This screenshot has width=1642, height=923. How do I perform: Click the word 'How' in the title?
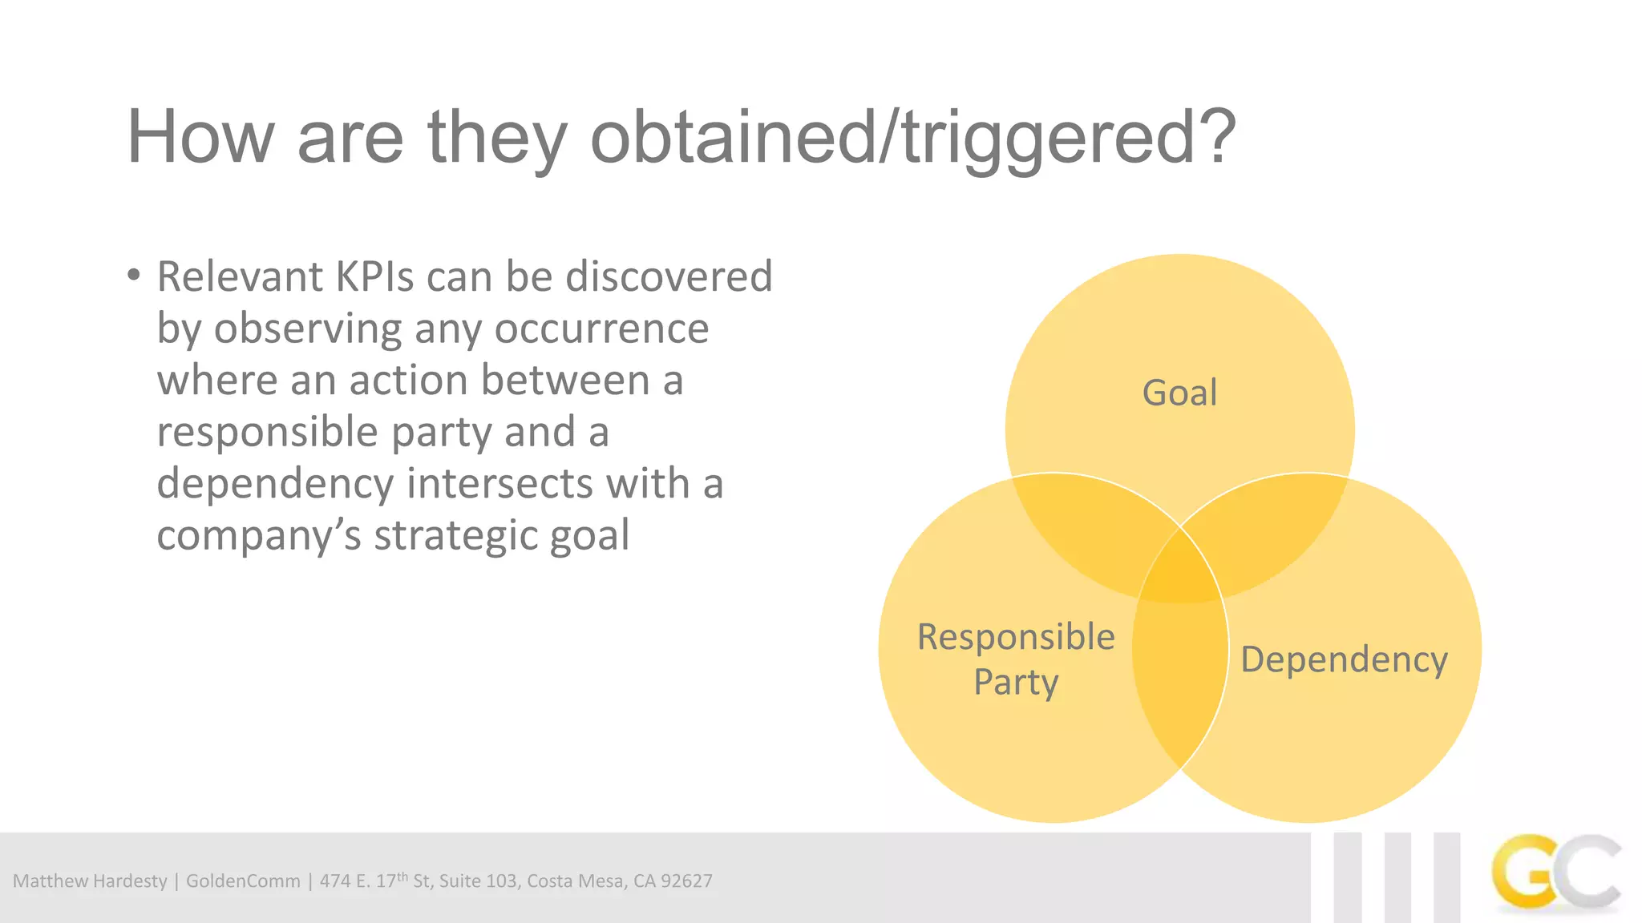[x=200, y=138]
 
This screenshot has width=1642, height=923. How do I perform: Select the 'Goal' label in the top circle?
[x=1179, y=393]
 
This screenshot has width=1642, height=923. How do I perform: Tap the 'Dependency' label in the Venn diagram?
[x=1344, y=660]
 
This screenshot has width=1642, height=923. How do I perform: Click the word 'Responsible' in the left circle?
[x=1016, y=638]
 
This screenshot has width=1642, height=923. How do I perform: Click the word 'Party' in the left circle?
[x=1016, y=683]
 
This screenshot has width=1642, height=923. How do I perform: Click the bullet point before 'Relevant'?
[x=134, y=276]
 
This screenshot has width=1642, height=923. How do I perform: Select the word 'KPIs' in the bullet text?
[x=374, y=277]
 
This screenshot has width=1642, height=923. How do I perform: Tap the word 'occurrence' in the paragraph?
[x=601, y=328]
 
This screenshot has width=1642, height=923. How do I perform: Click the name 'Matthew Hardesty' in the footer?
[x=90, y=881]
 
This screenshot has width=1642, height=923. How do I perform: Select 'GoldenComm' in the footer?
[x=243, y=881]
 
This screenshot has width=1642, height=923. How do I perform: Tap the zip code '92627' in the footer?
[x=686, y=881]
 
